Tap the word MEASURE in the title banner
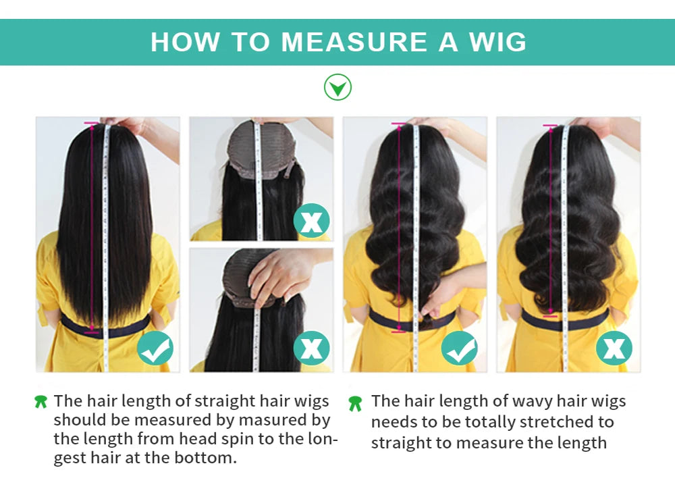pos(354,42)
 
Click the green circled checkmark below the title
pos(337,87)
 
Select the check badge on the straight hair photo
pos(155,348)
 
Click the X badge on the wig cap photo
pos(311,221)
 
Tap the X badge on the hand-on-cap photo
pos(311,348)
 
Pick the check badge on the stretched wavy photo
pos(460,348)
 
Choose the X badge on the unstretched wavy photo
pos(614,348)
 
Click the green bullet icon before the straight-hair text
pos(41,402)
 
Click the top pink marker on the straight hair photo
pos(90,124)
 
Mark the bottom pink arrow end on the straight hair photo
pos(92,330)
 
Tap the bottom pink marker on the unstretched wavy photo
pos(550,315)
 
